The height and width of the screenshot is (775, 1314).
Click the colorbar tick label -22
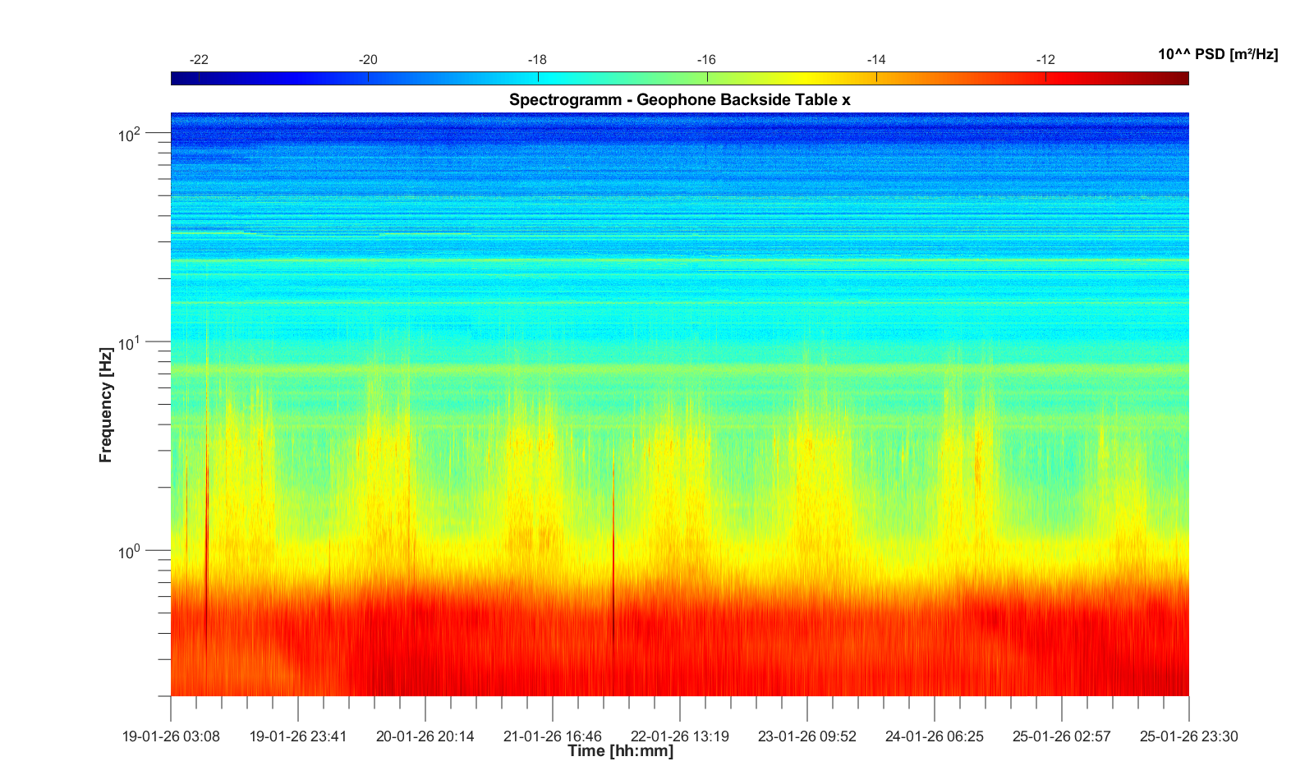tap(199, 60)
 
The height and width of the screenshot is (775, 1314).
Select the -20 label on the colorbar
tap(368, 60)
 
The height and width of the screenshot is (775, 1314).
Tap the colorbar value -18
tap(537, 60)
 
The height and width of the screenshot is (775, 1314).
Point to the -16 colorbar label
tap(706, 60)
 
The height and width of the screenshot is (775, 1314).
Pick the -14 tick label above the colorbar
tap(876, 60)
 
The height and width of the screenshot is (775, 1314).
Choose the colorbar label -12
tap(1045, 60)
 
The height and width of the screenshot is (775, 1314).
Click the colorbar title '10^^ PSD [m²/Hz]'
tap(1218, 54)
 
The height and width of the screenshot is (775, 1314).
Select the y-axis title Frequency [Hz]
tap(105, 405)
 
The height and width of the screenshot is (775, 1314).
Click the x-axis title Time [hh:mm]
tap(621, 750)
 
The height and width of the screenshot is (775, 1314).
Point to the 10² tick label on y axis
tap(130, 134)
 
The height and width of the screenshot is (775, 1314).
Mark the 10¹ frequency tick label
tap(130, 343)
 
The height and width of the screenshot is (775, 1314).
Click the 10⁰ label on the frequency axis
tap(130, 552)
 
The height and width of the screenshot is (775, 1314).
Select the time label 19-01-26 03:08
tap(171, 736)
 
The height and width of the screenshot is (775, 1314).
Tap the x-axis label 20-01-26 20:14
tap(425, 736)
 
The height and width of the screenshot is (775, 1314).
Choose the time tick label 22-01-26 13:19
tap(680, 736)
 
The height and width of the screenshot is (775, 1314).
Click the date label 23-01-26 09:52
tap(807, 736)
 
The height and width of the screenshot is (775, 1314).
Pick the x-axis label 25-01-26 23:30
tap(1188, 736)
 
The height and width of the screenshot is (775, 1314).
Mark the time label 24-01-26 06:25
tap(935, 736)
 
